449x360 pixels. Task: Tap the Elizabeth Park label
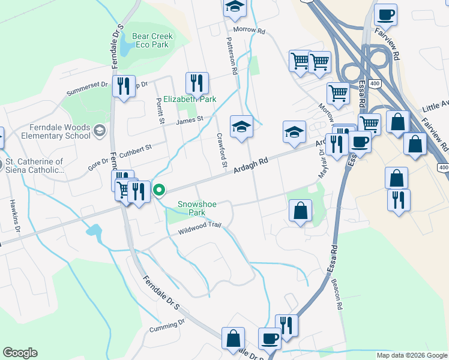pyautogui.click(x=190, y=99)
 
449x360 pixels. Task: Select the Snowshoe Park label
pyautogui.click(x=197, y=209)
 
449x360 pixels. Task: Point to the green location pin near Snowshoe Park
pyautogui.click(x=159, y=191)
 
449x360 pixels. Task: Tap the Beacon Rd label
pyautogui.click(x=339, y=295)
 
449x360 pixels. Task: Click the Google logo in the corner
pyautogui.click(x=20, y=353)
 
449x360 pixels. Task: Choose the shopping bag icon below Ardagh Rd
pyautogui.click(x=300, y=211)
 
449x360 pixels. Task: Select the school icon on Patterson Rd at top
pyautogui.click(x=235, y=8)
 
